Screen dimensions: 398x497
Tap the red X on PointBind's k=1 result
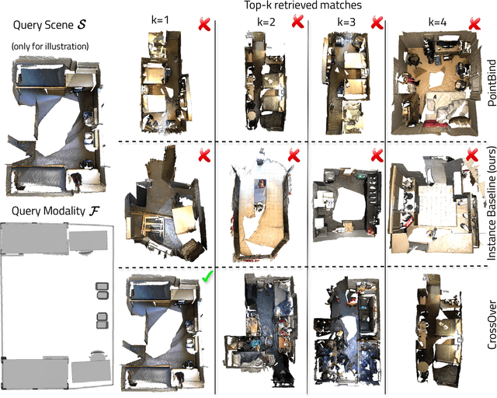coord(203,26)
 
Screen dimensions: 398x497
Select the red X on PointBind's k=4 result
coord(472,25)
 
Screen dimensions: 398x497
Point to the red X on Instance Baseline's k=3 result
coord(377,134)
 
